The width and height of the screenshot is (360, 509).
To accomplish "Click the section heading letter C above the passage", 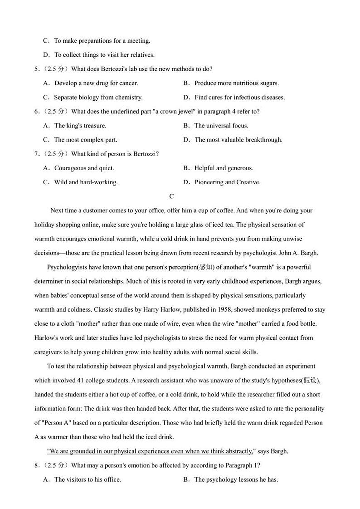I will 171,196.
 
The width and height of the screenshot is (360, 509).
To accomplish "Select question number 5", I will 36,69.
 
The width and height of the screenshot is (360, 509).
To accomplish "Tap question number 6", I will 36,111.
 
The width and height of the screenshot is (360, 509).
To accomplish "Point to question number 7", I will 36,154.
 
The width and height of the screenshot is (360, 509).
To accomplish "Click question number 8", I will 36,465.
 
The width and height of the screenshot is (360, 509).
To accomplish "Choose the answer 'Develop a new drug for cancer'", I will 96,83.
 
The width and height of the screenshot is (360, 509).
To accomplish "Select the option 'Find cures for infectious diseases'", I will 239,97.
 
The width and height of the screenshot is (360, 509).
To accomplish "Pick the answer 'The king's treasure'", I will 80,126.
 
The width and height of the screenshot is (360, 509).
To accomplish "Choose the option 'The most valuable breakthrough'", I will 238,140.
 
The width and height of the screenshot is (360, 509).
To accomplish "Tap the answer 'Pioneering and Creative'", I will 227,182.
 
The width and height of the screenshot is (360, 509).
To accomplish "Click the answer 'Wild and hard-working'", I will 86,182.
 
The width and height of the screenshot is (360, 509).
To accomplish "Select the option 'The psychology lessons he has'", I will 236,480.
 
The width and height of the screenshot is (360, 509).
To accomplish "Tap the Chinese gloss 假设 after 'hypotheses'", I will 312,380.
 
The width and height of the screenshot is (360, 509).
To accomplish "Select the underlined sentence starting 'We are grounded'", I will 150,451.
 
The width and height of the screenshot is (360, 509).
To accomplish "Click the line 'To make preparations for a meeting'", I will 102,41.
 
